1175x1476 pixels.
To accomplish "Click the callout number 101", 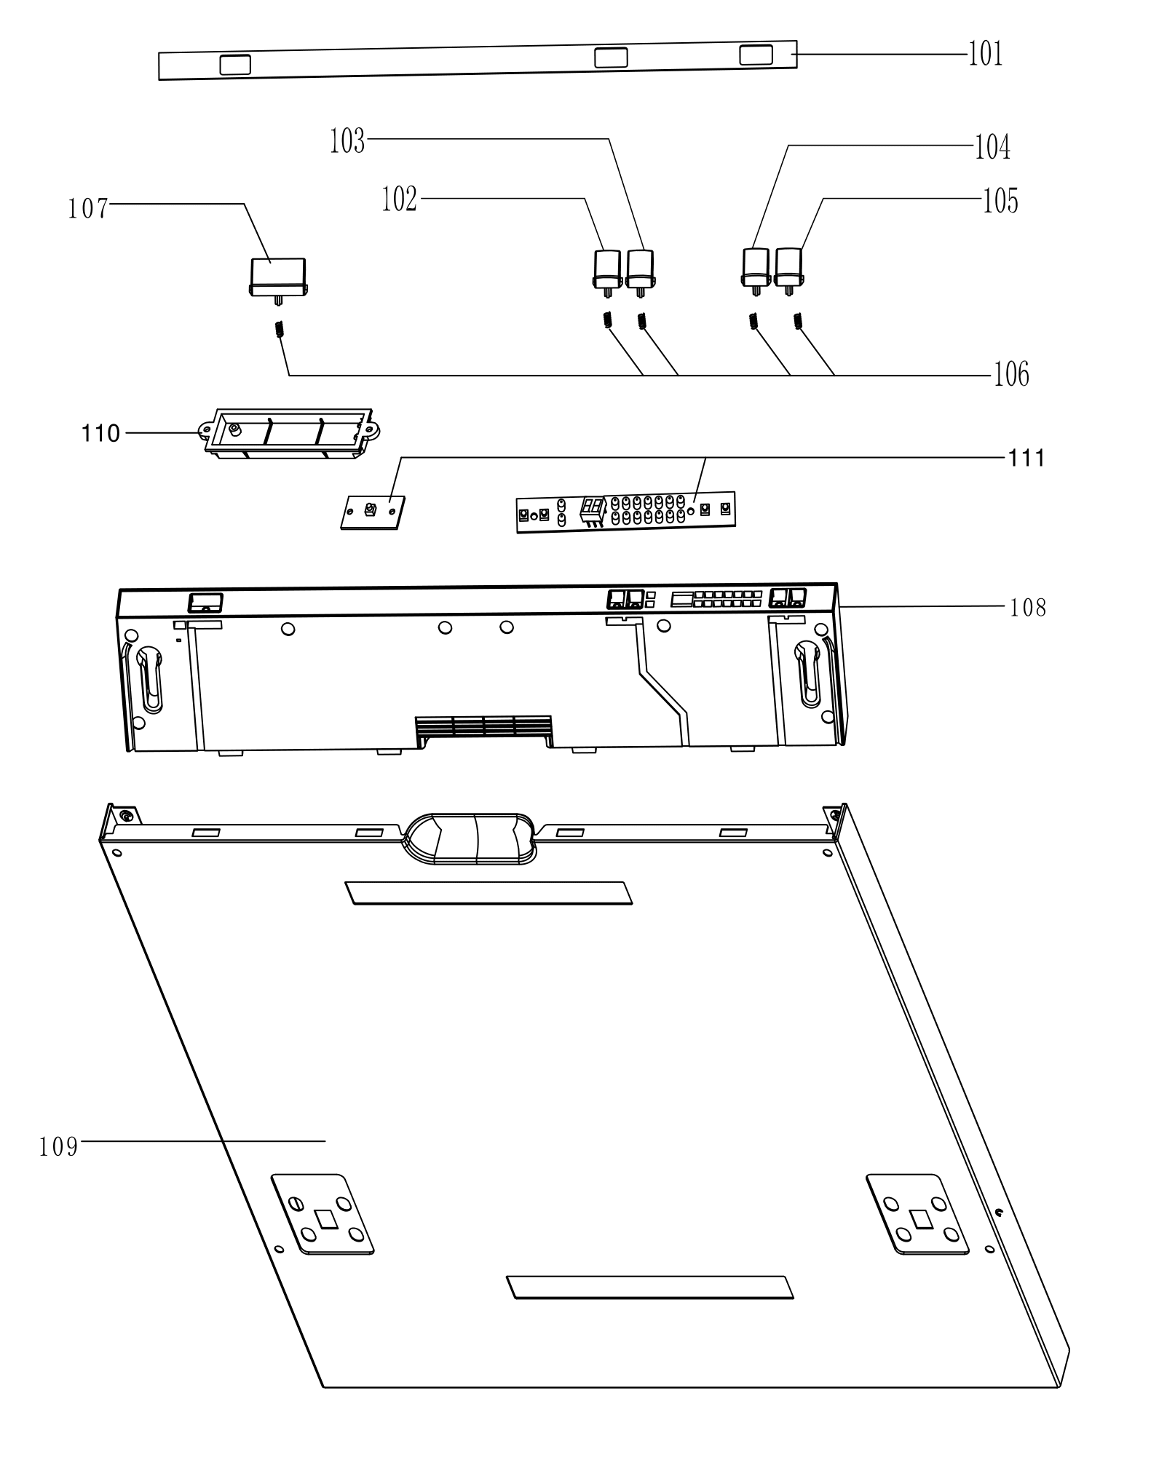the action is click(x=985, y=54).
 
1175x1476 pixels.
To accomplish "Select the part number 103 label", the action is click(x=347, y=141).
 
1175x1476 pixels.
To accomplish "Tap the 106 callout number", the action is click(x=1012, y=374).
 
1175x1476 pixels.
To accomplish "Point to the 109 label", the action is click(x=58, y=1147).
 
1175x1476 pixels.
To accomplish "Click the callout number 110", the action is click(x=100, y=434).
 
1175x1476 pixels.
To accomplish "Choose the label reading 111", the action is click(x=1026, y=458).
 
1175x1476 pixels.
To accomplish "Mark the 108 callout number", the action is click(x=1028, y=607).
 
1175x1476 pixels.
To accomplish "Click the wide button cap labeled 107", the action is click(x=278, y=277).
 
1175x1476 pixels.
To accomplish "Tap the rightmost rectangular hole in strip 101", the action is click(x=756, y=55).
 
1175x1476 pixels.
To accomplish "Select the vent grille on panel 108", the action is click(x=483, y=728).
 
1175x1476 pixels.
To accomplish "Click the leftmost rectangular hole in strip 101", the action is click(x=235, y=65).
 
